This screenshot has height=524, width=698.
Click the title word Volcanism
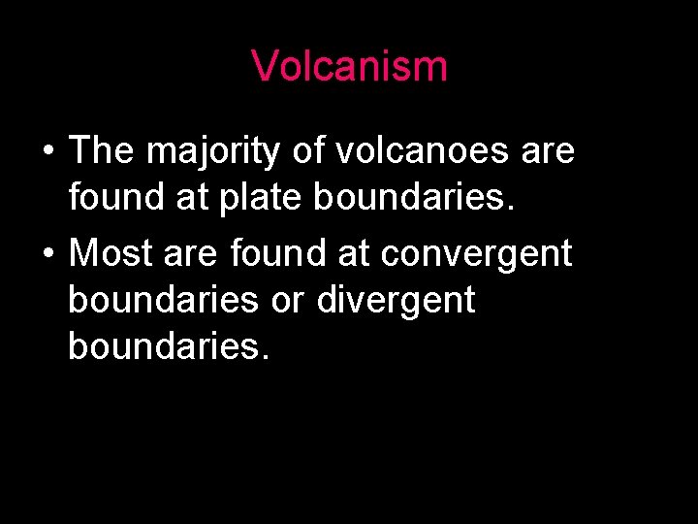[x=349, y=66]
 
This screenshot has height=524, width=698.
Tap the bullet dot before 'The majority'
[x=47, y=152]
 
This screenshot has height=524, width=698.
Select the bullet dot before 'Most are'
[x=47, y=254]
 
